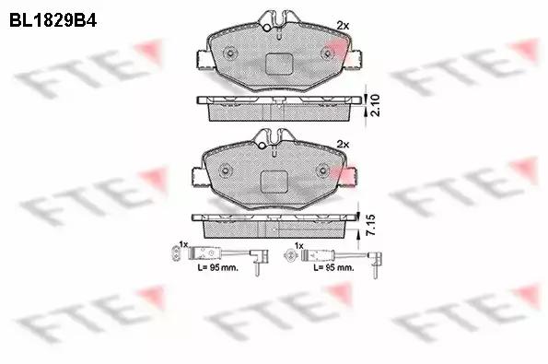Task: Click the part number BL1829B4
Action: [x=52, y=20]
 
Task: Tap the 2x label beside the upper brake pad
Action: [x=343, y=25]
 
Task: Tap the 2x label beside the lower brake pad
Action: [x=343, y=144]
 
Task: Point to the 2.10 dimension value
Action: [x=375, y=105]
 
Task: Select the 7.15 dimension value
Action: [x=370, y=225]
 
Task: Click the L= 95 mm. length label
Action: [x=217, y=268]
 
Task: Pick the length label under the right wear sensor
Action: [x=333, y=268]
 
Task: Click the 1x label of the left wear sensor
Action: [x=183, y=243]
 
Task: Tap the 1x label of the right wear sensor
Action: [x=298, y=246]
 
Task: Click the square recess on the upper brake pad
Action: [x=278, y=64]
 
